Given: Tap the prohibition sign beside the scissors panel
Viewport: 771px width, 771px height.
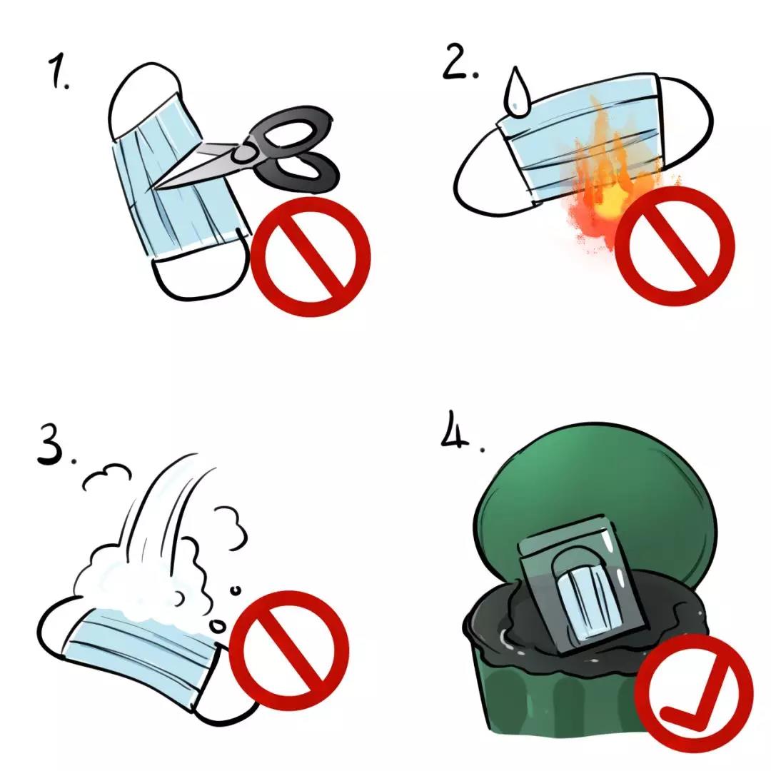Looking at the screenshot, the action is pos(311,256).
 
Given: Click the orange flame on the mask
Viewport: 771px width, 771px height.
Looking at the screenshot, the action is pos(610,182).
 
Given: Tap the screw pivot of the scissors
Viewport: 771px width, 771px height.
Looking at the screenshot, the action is pos(244,153).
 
